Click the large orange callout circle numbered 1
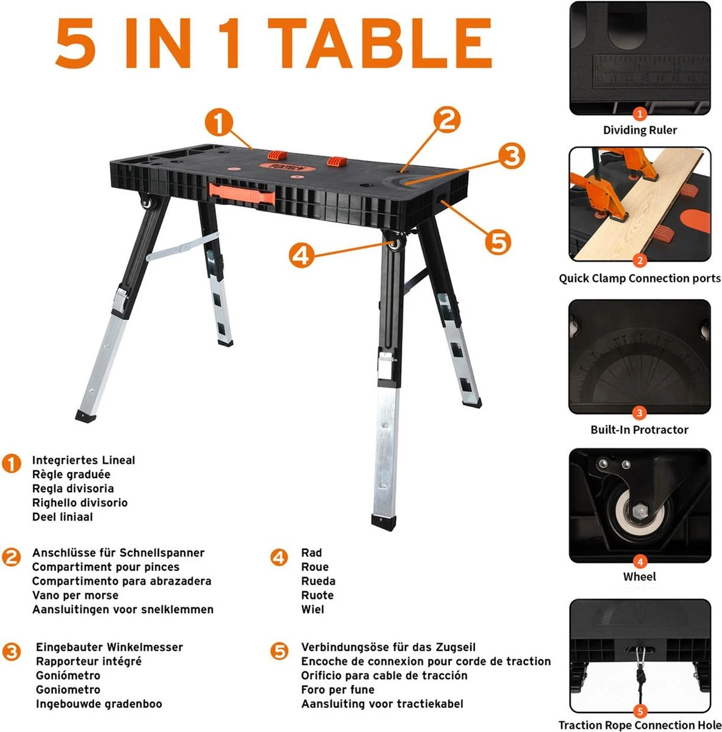click(x=218, y=123)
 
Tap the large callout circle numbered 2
click(x=447, y=120)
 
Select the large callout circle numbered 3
click(x=512, y=156)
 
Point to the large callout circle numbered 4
click(x=302, y=255)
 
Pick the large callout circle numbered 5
click(x=498, y=242)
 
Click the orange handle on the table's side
click(x=241, y=194)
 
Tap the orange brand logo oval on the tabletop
click(x=287, y=167)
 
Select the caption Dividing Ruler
click(x=640, y=130)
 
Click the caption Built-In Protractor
click(x=640, y=429)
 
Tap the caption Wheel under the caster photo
click(x=640, y=576)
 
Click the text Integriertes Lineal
click(x=84, y=461)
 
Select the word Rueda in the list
click(x=318, y=581)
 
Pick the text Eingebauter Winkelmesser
click(x=109, y=647)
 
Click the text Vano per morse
click(x=75, y=595)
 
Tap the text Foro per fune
click(x=338, y=690)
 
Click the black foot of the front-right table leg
click(x=384, y=520)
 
